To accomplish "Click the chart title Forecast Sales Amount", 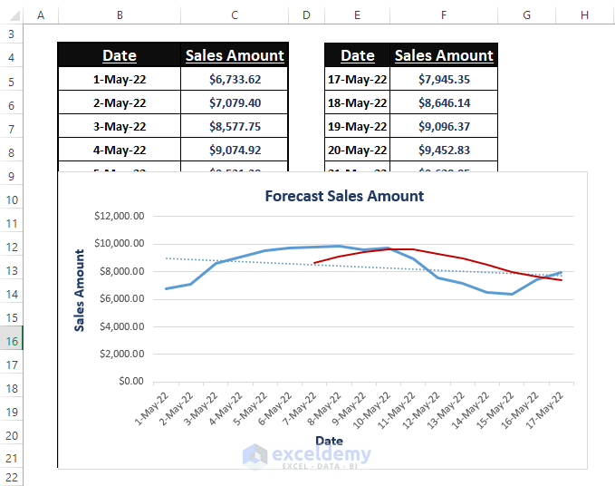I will click(344, 196).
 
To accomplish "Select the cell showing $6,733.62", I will click(235, 80).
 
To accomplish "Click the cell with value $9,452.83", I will click(444, 151).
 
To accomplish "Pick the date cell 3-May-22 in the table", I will click(119, 127).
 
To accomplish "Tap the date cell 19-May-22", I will click(357, 127).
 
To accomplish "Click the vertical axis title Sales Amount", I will click(81, 290).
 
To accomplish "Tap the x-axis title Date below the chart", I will click(329, 441).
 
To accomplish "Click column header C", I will click(235, 15).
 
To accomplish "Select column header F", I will click(444, 15).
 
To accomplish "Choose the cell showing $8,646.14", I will click(444, 103).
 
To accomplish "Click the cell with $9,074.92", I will click(235, 151).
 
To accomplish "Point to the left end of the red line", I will click(313, 264).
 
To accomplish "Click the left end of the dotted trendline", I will click(167, 258).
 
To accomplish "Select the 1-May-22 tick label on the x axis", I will click(152, 410).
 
